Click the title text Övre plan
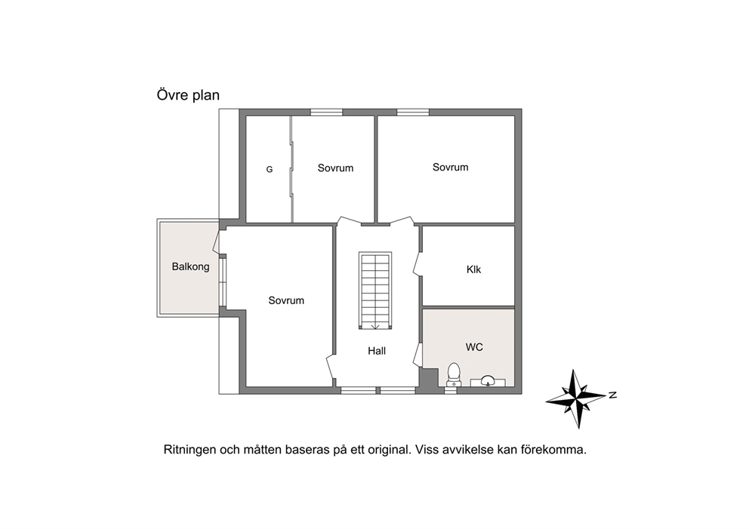(188, 95)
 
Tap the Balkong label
(190, 266)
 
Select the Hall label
(377, 351)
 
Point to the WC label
(474, 347)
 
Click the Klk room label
(474, 269)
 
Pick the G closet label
(270, 170)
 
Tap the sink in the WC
(488, 381)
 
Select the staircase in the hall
(375, 291)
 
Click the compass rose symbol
(576, 398)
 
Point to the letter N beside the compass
(613, 395)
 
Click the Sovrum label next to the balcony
(286, 300)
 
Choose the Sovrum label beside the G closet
(335, 168)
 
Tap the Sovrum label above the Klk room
(451, 167)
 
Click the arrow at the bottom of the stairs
(375, 326)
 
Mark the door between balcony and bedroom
(217, 241)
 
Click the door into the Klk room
(417, 263)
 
